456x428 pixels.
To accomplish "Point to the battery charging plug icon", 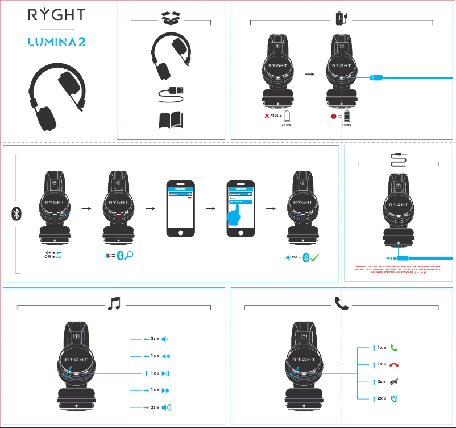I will pyautogui.click(x=341, y=19).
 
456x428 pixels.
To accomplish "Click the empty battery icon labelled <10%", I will pyautogui.click(x=288, y=117).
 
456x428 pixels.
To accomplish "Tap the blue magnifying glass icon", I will pyautogui.click(x=130, y=256).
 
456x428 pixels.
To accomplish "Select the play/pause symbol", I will pyautogui.click(x=165, y=373).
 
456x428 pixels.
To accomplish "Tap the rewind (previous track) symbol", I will pyautogui.click(x=165, y=356).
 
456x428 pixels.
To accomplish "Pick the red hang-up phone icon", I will pyautogui.click(x=394, y=364).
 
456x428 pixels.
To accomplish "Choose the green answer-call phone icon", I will pyautogui.click(x=394, y=347).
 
